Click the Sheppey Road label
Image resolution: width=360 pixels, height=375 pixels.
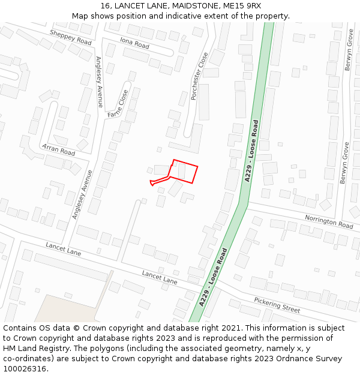click(x=71, y=37)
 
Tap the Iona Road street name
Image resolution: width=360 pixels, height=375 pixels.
click(x=134, y=43)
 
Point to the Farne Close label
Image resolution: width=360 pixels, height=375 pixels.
click(x=118, y=103)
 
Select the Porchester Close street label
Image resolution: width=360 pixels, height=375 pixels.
click(x=199, y=76)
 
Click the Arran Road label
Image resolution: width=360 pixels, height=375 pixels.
click(x=58, y=149)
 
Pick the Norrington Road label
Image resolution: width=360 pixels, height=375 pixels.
click(x=329, y=221)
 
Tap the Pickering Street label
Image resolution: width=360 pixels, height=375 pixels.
click(x=277, y=305)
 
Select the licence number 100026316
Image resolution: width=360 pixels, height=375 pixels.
click(x=25, y=369)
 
